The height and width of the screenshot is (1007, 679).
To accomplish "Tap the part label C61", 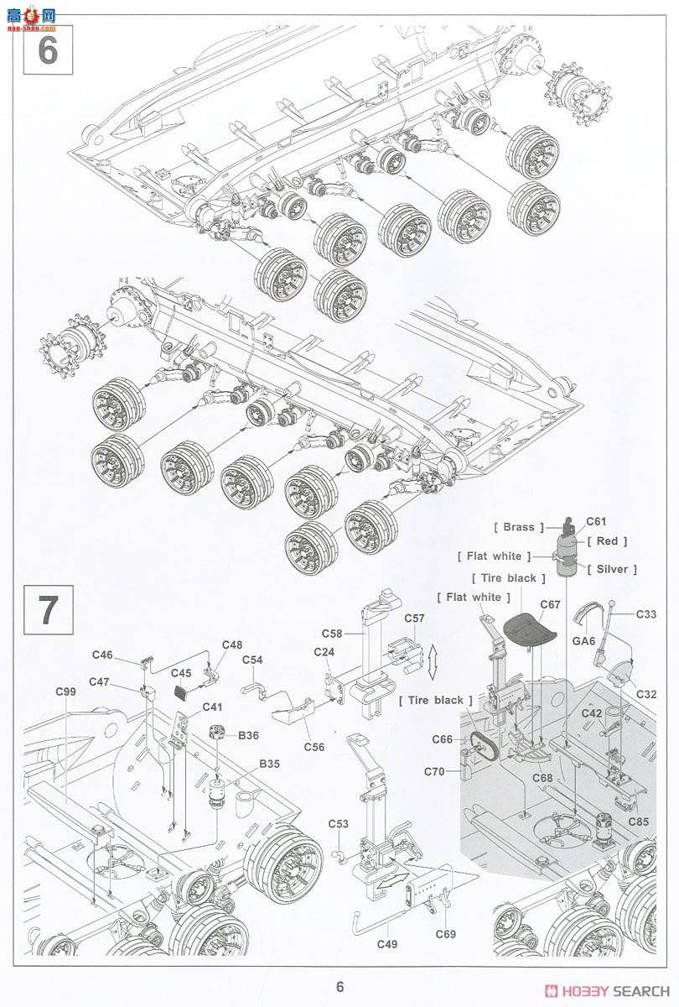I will click(596, 522).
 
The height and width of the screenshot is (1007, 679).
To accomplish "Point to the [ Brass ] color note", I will click(514, 528).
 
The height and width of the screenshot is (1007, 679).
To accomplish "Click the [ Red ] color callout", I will click(607, 541).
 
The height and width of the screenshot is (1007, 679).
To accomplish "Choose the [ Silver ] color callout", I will click(612, 569).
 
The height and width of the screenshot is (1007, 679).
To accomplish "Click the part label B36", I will click(248, 735).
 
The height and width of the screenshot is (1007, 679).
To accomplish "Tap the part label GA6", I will click(583, 640).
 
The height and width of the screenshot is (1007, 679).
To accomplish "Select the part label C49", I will click(387, 944).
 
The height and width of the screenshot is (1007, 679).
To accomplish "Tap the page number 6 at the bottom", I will click(339, 988).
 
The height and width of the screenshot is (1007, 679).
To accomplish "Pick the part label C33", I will click(645, 614).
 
